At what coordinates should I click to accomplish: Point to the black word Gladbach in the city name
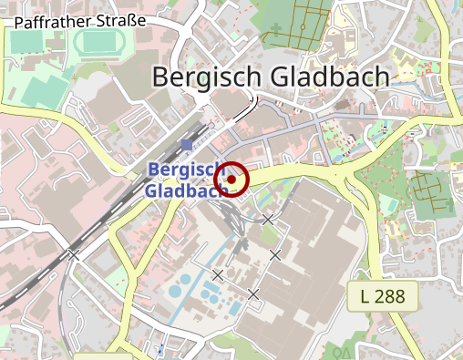(326, 78)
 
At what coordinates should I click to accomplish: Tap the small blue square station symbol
(187, 146)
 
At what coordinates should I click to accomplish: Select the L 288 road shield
(382, 295)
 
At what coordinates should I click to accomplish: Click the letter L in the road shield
(365, 295)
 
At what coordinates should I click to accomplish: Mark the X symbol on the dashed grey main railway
(74, 255)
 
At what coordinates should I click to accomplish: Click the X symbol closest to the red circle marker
(268, 220)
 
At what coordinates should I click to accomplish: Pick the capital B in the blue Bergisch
(153, 170)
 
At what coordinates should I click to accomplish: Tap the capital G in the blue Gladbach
(151, 190)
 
